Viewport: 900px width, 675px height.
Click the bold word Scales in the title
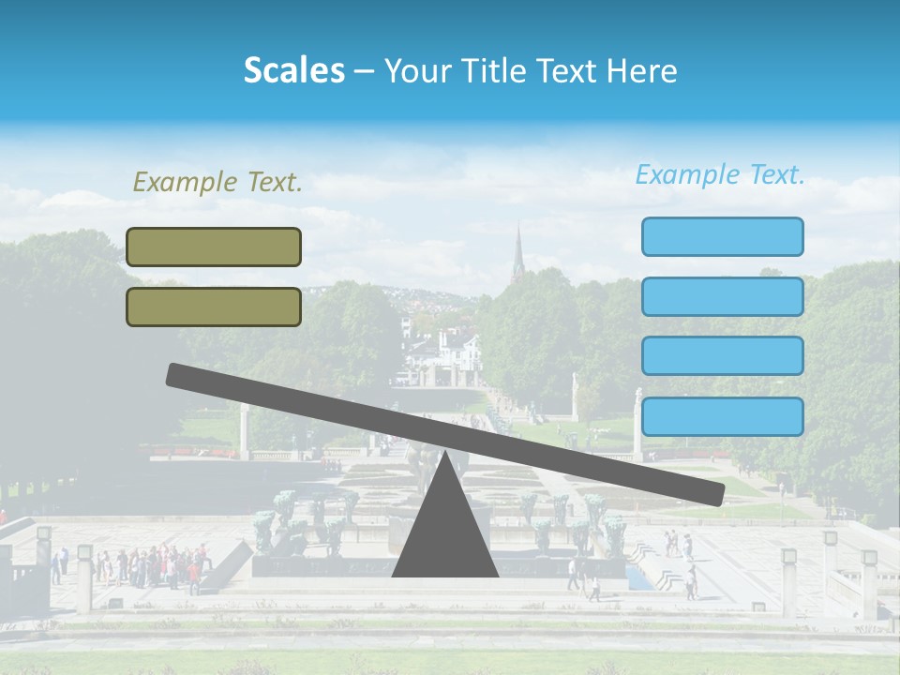point(293,71)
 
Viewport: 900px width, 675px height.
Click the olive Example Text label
point(217,183)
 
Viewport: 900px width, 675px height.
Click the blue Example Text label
point(720,174)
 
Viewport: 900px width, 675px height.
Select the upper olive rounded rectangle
point(214,247)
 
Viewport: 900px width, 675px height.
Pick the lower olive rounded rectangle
point(214,307)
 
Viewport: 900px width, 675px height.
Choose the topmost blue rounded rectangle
point(722,236)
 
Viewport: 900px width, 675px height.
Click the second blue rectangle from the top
point(722,296)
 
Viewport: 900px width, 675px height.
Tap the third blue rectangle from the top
point(722,356)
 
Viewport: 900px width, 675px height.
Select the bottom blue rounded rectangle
point(722,416)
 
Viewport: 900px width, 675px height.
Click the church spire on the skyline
point(517,253)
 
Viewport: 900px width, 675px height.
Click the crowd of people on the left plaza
point(155,565)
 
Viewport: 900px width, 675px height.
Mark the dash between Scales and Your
point(365,71)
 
